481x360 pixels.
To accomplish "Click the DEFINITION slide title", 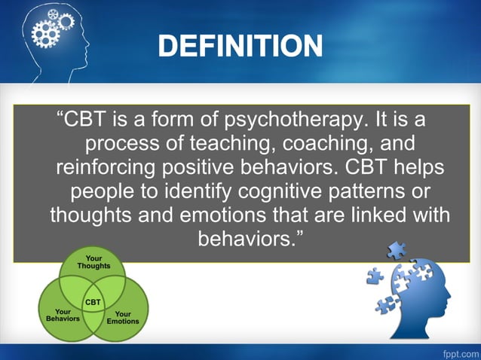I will [240, 47].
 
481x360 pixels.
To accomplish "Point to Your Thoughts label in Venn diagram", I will [93, 262].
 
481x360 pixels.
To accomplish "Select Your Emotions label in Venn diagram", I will [123, 317].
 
